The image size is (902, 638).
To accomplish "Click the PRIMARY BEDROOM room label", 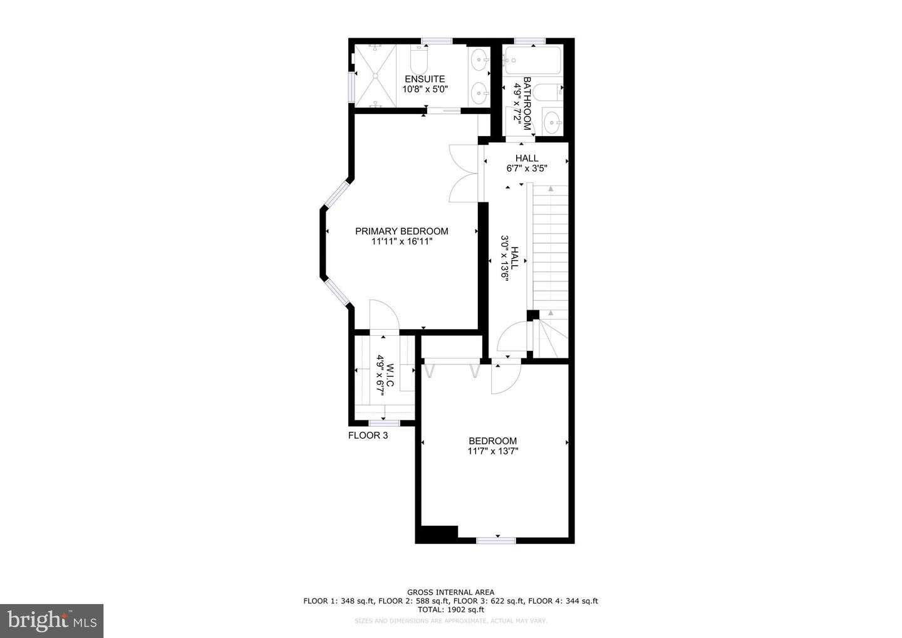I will pyautogui.click(x=402, y=231).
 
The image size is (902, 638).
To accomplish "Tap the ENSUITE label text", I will pyautogui.click(x=425, y=79).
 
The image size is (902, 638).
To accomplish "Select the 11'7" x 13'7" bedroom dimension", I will pyautogui.click(x=493, y=451).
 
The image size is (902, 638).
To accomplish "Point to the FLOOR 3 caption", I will pyautogui.click(x=368, y=435).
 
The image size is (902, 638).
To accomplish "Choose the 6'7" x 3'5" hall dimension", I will pyautogui.click(x=527, y=168).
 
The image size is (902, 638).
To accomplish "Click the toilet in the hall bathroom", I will pyautogui.click(x=551, y=92).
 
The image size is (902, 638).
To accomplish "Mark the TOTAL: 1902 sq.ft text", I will pyautogui.click(x=450, y=609).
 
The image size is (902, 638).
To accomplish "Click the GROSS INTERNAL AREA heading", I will pyautogui.click(x=450, y=592).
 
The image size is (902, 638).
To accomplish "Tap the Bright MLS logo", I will pyautogui.click(x=51, y=620).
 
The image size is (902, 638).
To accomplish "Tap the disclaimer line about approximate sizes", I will pyautogui.click(x=450, y=621).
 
